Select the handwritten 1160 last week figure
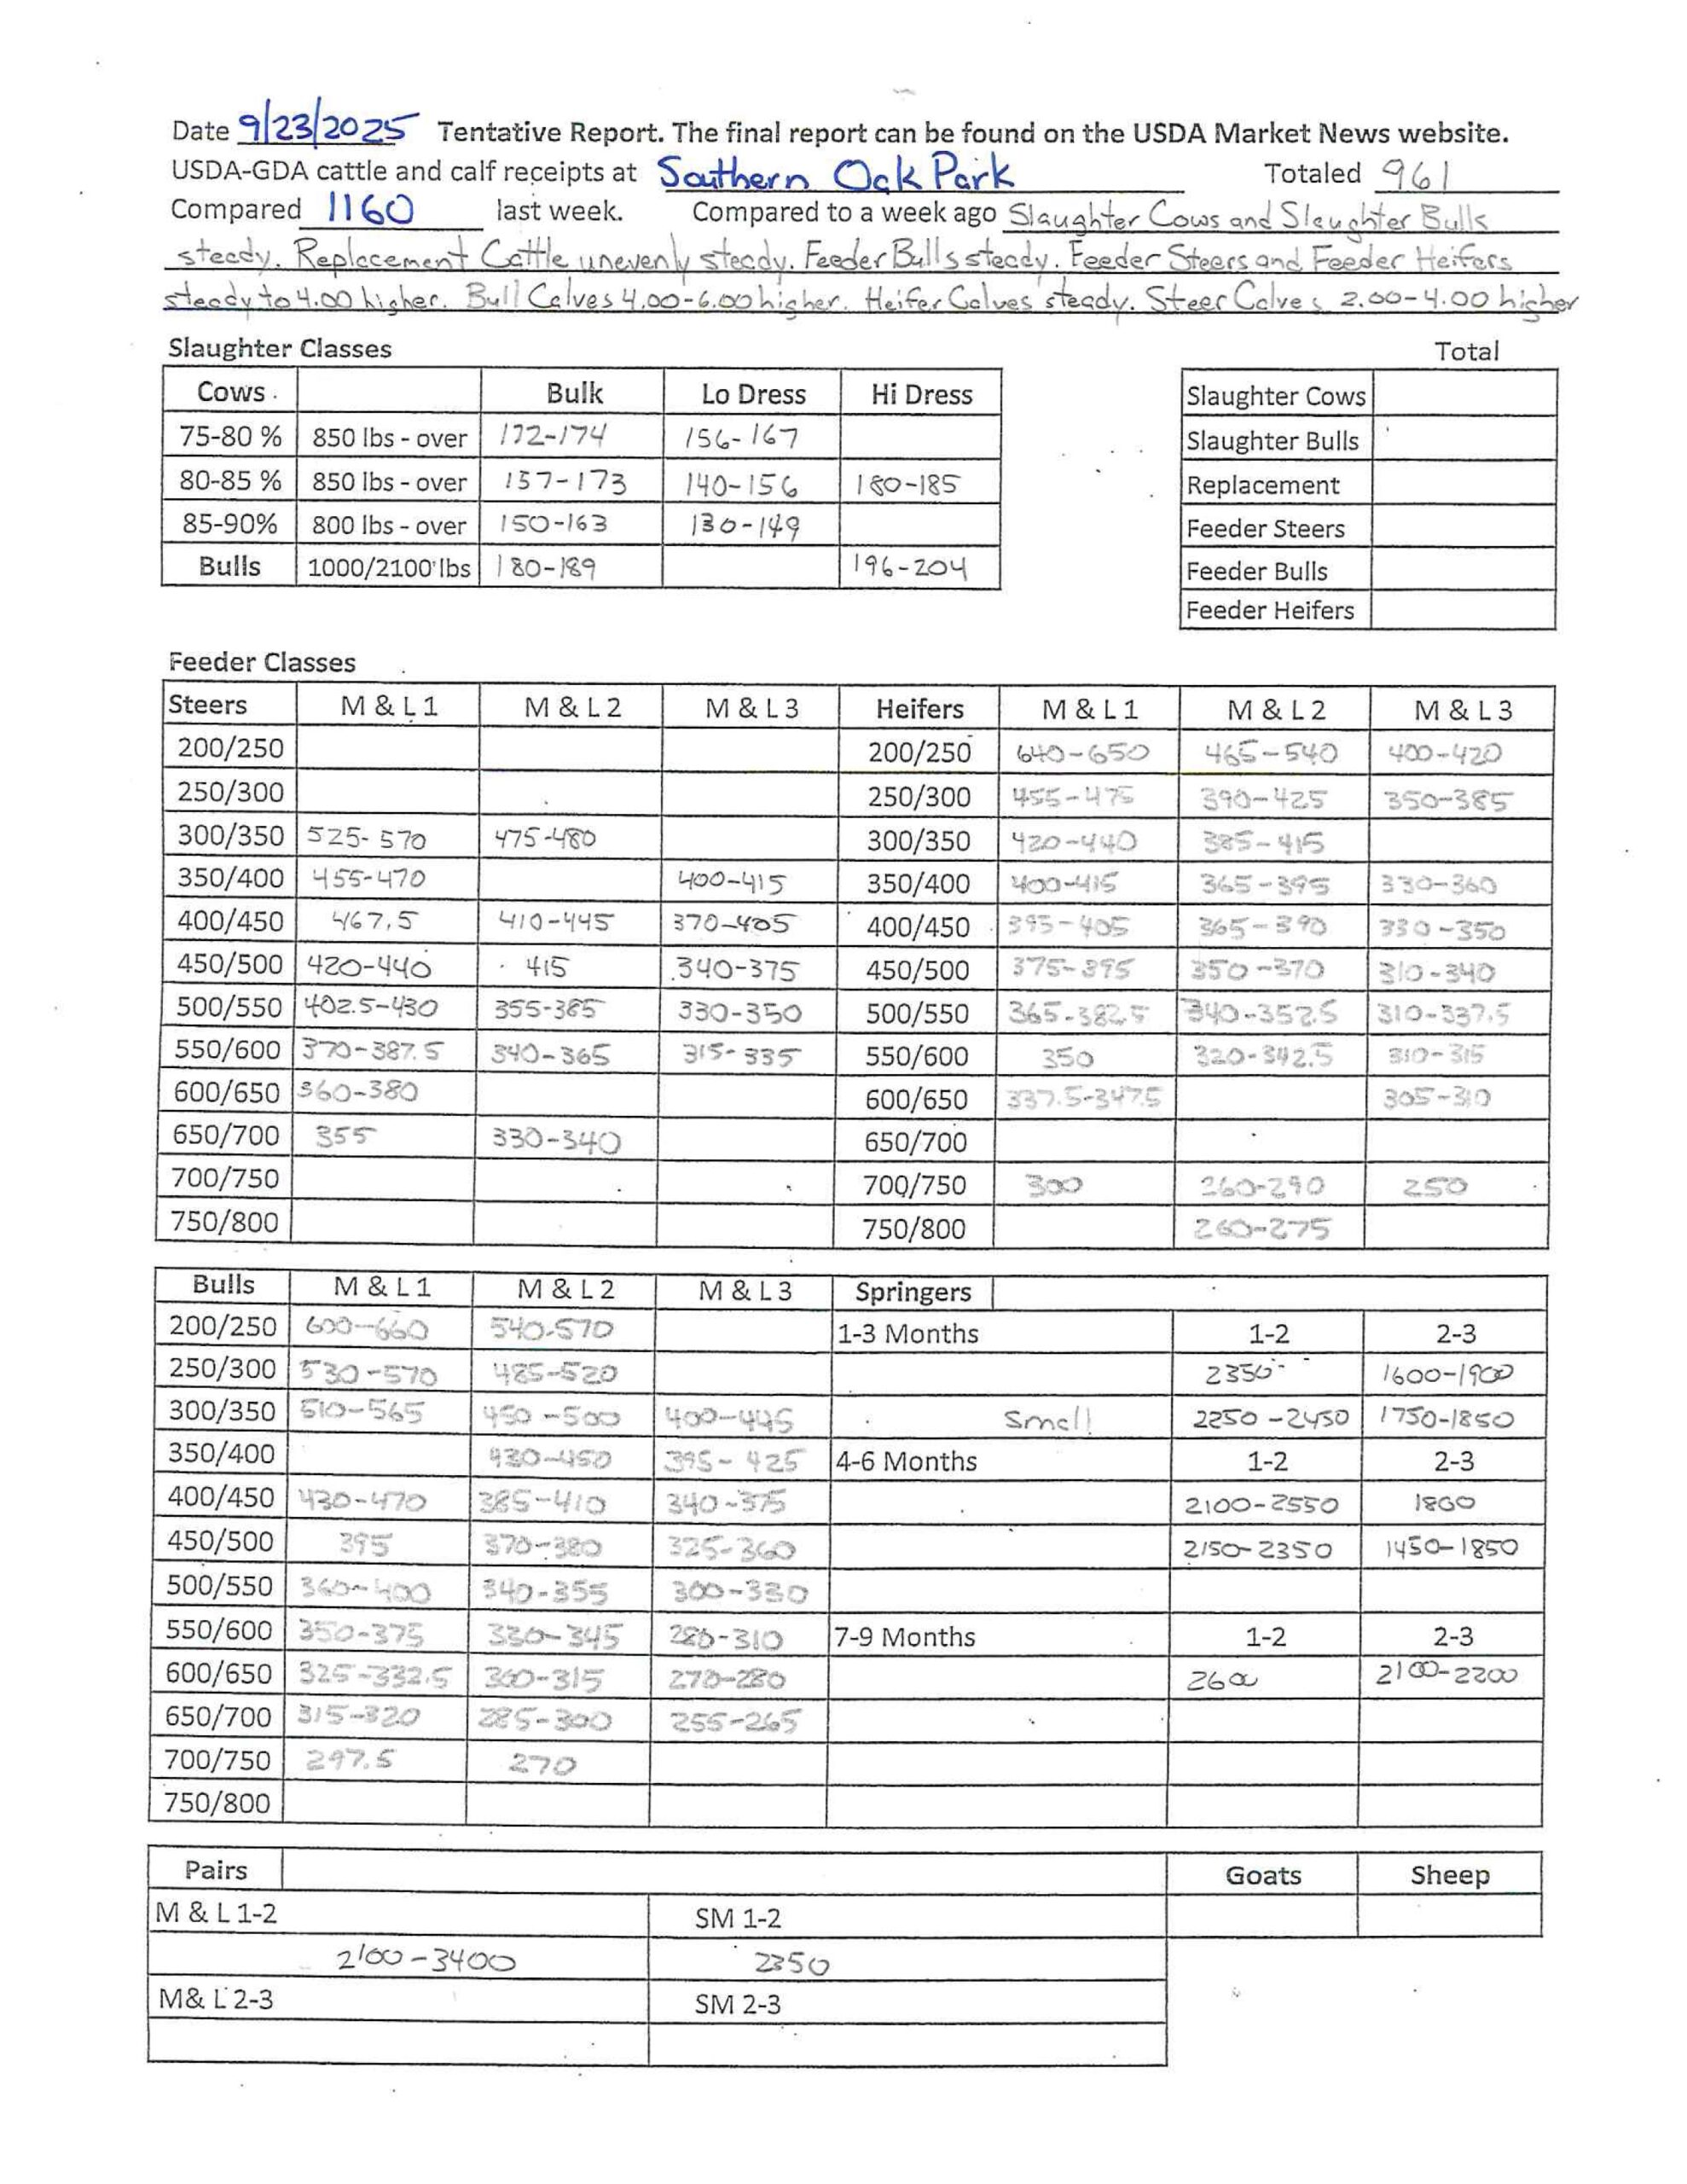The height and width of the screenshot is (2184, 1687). click(x=369, y=210)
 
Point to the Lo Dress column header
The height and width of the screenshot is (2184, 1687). click(x=752, y=394)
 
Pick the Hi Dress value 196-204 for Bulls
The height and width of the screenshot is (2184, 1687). click(x=909, y=568)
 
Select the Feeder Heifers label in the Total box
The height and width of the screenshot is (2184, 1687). click(x=1269, y=610)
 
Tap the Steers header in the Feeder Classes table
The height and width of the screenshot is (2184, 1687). click(x=207, y=705)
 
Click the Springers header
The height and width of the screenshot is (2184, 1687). click(x=912, y=1292)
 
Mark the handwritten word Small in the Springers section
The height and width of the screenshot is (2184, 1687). click(x=1047, y=1419)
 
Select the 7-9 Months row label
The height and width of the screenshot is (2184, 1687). click(x=904, y=1637)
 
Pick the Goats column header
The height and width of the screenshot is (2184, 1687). click(x=1263, y=1875)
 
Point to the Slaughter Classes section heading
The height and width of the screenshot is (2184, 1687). click(x=279, y=348)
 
